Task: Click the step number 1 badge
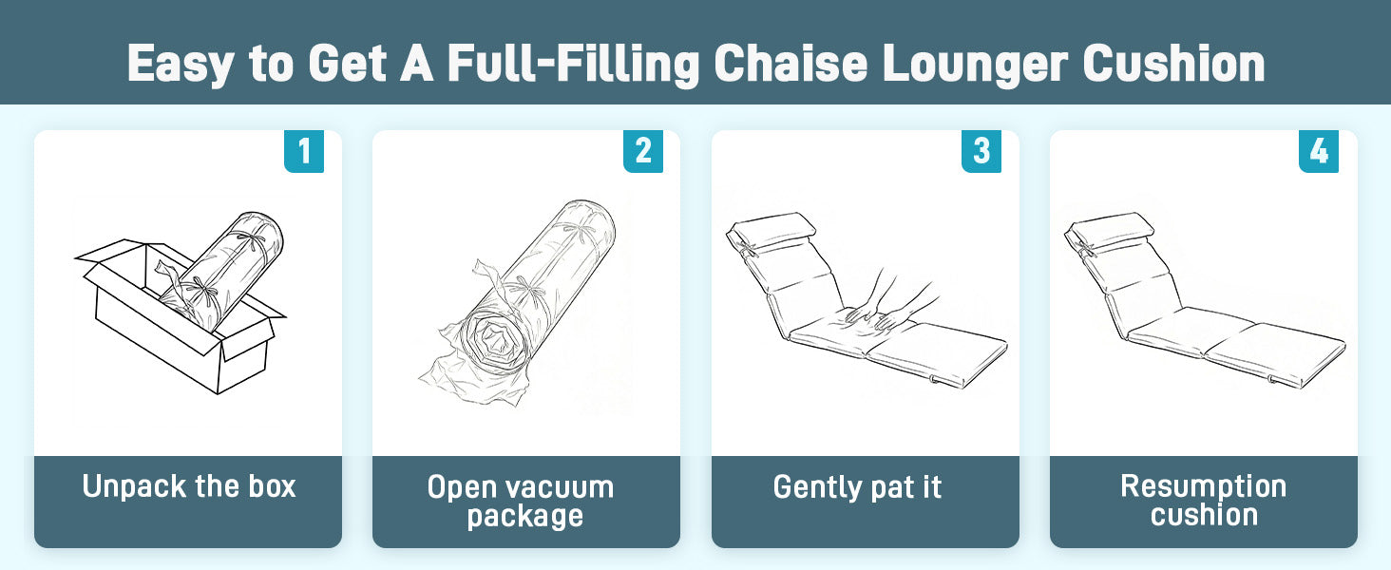pos(304,151)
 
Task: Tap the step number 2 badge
pos(642,151)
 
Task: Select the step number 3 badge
pos(981,151)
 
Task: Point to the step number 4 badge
pos(1319,151)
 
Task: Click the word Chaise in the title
pos(791,64)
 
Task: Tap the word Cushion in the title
pos(1173,64)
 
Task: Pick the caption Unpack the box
pos(189,486)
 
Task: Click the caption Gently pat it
pos(858,487)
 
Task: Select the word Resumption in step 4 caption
pos(1204,486)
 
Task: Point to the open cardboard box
pos(181,316)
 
